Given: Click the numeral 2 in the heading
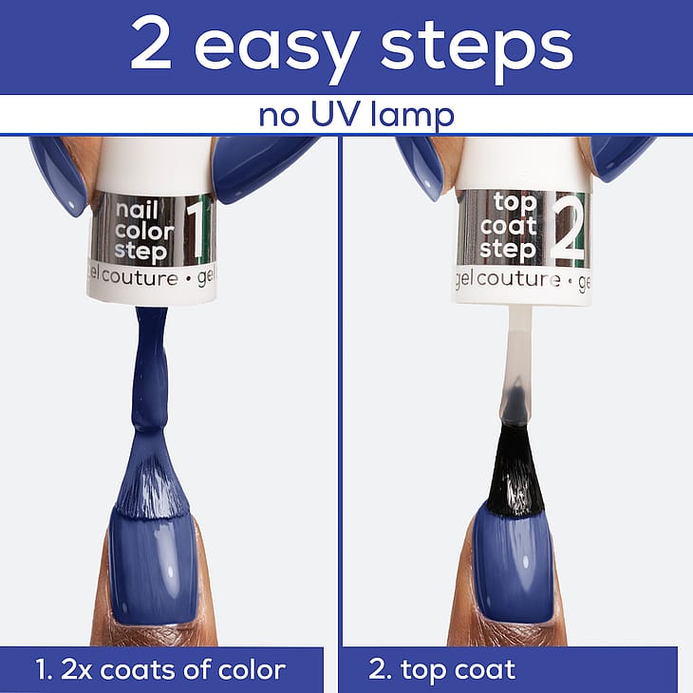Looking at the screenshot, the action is pyautogui.click(x=151, y=45).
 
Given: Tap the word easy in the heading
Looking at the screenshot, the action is pyautogui.click(x=276, y=51).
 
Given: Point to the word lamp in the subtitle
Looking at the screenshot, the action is pyautogui.click(x=413, y=116).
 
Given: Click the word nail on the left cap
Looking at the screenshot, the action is pyautogui.click(x=137, y=209).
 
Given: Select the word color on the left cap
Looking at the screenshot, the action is pyautogui.click(x=144, y=231).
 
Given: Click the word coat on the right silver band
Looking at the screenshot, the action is pyautogui.click(x=509, y=226).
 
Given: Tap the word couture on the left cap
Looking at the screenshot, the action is pyautogui.click(x=140, y=279).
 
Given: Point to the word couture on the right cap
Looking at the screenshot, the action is pyautogui.click(x=518, y=279).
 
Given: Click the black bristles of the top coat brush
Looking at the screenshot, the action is pyautogui.click(x=515, y=473).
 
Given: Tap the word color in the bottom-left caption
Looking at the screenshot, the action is pyautogui.click(x=251, y=669).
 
